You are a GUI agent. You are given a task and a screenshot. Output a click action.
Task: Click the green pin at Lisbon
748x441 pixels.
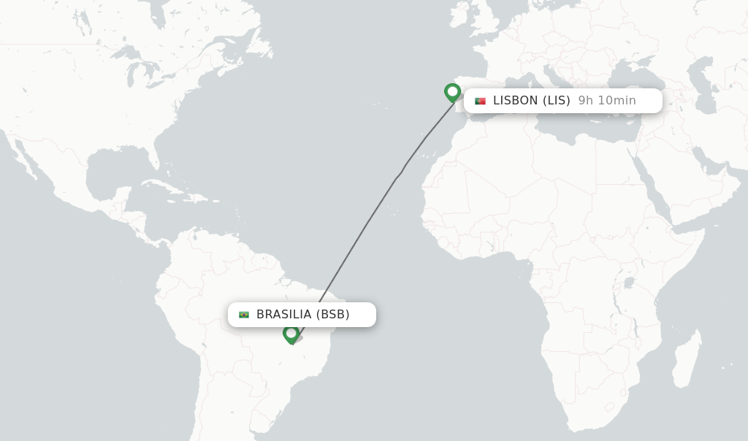(x=452, y=92)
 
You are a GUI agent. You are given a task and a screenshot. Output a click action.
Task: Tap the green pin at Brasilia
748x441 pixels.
(x=291, y=334)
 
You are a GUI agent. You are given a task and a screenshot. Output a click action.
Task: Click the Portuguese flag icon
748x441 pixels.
(x=480, y=101)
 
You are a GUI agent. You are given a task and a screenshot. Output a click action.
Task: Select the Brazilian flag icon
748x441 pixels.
(x=244, y=315)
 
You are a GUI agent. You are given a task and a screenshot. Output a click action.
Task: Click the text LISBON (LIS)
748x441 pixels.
(x=531, y=101)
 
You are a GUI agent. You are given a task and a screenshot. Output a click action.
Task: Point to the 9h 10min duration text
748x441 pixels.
(x=606, y=101)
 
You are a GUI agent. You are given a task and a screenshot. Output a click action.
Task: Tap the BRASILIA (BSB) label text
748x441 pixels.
(x=302, y=315)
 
